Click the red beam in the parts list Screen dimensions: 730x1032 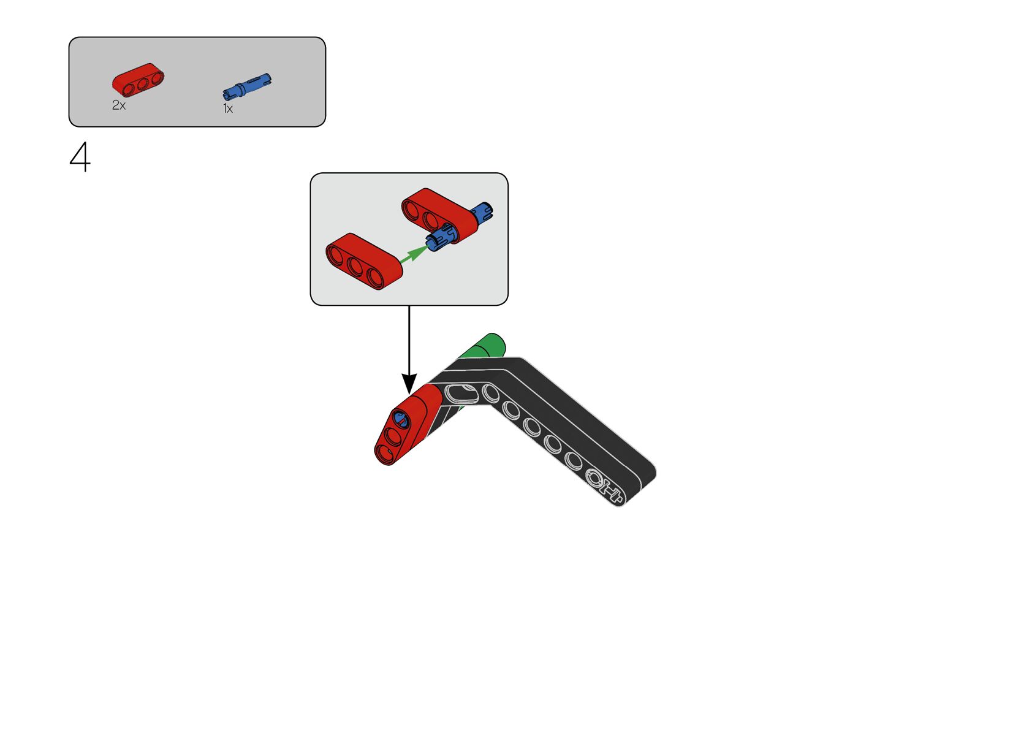138,80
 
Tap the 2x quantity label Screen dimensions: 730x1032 118,105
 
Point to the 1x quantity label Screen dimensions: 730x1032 227,109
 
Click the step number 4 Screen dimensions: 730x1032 80,158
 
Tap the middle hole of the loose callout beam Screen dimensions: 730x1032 356,266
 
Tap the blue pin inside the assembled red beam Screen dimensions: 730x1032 401,419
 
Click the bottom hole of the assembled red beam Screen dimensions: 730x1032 385,454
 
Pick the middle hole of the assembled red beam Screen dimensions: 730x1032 393,436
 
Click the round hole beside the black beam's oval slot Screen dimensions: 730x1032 491,393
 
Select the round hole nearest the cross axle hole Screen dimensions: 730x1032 575,460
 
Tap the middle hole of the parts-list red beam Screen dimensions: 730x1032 142,82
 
